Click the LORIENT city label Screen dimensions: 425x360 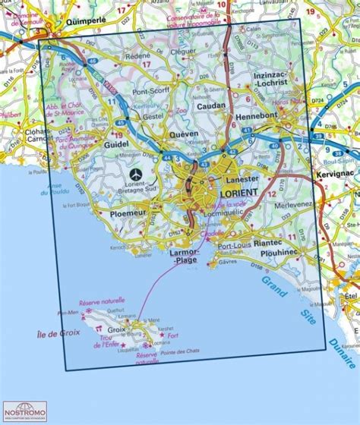[238, 193]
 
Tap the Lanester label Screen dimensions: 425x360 [244, 178]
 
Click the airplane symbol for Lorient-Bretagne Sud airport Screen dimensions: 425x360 [136, 173]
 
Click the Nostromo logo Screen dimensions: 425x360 [24, 412]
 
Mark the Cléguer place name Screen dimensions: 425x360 [184, 52]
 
